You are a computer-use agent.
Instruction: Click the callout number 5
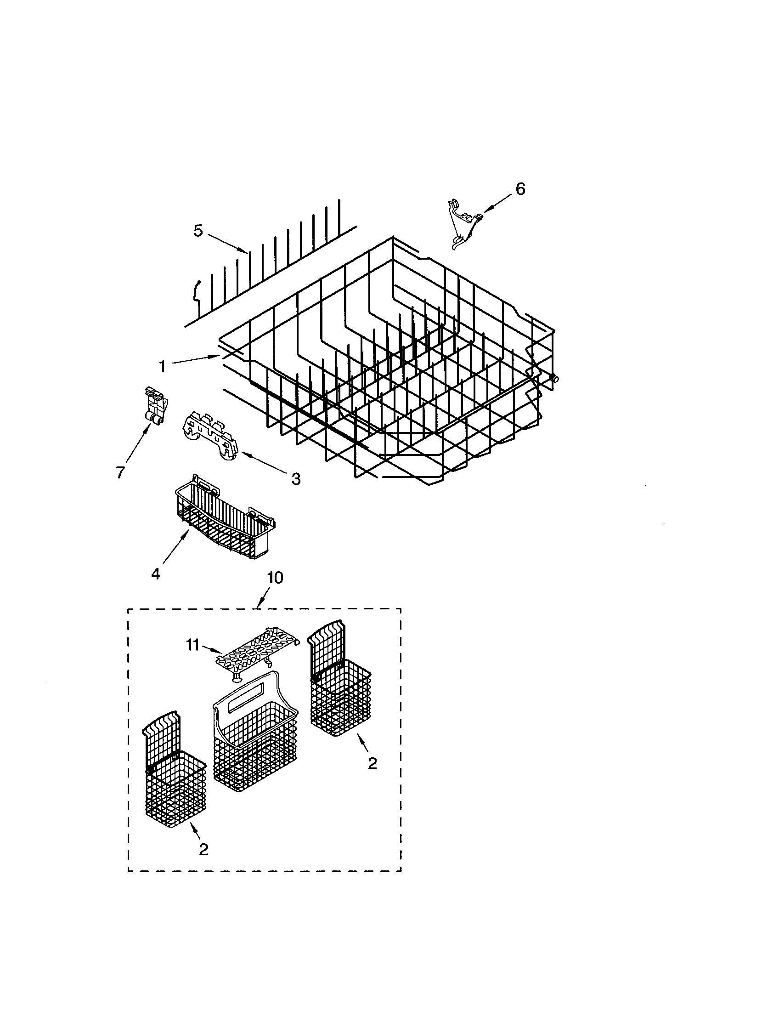[198, 231]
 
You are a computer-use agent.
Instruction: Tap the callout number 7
[120, 472]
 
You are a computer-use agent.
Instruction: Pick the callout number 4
[155, 574]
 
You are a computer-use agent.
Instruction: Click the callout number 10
[275, 578]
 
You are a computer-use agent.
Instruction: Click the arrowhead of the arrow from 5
[247, 251]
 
